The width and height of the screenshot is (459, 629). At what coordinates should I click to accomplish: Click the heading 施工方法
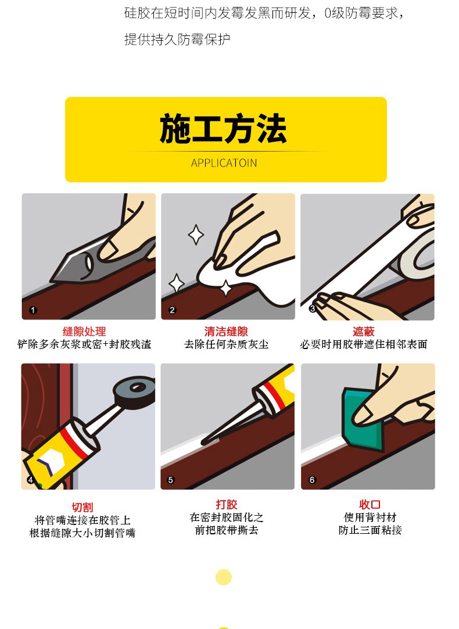(x=223, y=129)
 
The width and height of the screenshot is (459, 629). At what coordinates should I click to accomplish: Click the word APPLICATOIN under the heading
(x=224, y=163)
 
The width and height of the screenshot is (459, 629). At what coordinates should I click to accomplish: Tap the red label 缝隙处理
(x=84, y=332)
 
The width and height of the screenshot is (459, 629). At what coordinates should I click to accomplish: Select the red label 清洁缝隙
(x=226, y=332)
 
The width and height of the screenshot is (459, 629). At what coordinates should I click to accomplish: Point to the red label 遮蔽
(x=364, y=332)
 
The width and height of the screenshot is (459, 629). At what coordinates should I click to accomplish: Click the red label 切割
(x=83, y=507)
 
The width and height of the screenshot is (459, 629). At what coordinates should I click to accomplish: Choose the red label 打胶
(x=227, y=504)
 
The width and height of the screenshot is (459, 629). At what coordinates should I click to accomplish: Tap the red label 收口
(x=370, y=504)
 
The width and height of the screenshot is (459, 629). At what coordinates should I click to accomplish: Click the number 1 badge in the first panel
(x=33, y=310)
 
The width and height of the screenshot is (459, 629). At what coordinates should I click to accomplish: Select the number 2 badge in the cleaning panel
(x=172, y=310)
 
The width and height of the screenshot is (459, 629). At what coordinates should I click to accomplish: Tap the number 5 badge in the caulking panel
(x=170, y=480)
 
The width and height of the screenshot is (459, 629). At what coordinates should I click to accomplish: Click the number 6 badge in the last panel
(x=312, y=480)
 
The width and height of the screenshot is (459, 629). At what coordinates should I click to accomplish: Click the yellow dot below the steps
(x=224, y=577)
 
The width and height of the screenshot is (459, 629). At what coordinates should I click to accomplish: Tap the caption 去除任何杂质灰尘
(x=226, y=344)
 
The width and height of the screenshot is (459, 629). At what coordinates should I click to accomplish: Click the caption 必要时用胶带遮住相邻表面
(x=364, y=344)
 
